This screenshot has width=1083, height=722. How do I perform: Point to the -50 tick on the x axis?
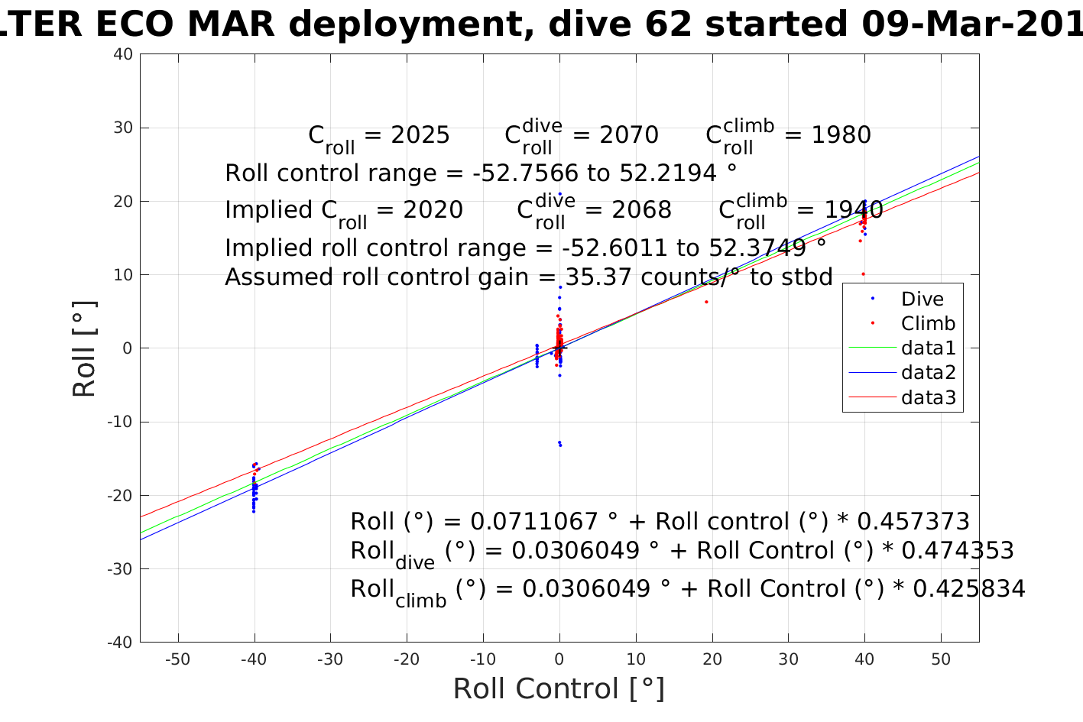(177, 659)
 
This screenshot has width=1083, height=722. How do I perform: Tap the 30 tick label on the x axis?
(788, 659)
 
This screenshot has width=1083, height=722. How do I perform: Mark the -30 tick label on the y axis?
(121, 568)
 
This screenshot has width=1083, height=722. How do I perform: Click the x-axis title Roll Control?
(559, 688)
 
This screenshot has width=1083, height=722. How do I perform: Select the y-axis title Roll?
(84, 348)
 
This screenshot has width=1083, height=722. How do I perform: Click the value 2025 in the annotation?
(420, 135)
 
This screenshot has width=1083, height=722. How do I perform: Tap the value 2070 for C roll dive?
(629, 135)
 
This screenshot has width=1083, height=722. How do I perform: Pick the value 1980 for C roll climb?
(841, 135)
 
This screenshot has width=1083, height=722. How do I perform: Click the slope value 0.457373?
(913, 522)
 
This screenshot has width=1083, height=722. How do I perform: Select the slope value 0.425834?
(969, 588)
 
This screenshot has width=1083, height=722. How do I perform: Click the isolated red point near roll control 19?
(706, 302)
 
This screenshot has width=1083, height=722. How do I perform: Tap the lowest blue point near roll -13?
(560, 445)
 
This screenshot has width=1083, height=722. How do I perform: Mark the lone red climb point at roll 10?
(864, 274)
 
